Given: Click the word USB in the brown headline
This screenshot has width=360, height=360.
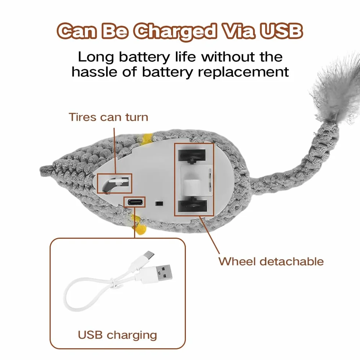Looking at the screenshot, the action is pyautogui.click(x=281, y=31).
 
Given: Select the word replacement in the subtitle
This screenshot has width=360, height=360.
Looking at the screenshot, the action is pyautogui.click(x=243, y=72).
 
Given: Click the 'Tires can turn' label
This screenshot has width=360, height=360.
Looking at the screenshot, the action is pyautogui.click(x=108, y=117).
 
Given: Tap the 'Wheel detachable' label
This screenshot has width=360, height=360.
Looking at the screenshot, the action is pyautogui.click(x=271, y=262).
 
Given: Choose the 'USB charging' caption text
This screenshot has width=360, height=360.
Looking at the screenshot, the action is pyautogui.click(x=117, y=335).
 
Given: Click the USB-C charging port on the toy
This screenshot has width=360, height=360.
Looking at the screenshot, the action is pyautogui.click(x=135, y=202).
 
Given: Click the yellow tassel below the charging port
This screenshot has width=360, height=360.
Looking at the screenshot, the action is pyautogui.click(x=139, y=225).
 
